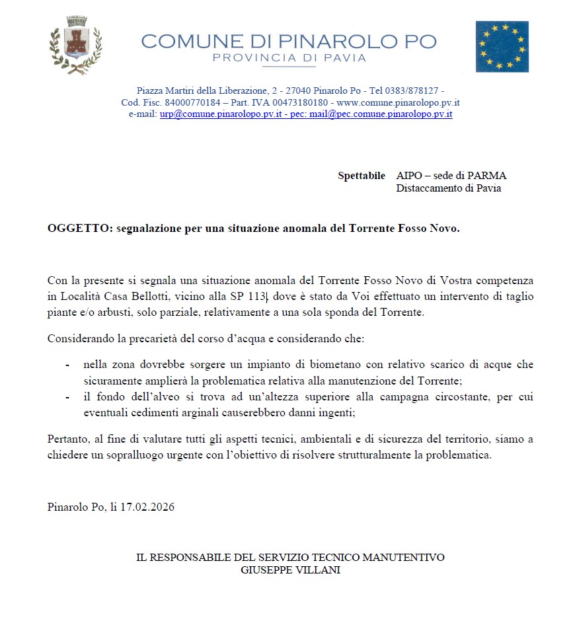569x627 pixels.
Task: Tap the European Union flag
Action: click(502, 46)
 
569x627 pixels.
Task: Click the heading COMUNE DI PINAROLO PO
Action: click(289, 41)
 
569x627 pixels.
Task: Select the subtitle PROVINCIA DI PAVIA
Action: click(289, 58)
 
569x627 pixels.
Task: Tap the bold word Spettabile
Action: click(361, 176)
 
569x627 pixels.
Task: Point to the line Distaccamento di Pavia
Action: click(448, 188)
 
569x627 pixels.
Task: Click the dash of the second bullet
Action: click(68, 397)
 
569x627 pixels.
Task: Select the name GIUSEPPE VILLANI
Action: click(290, 570)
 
